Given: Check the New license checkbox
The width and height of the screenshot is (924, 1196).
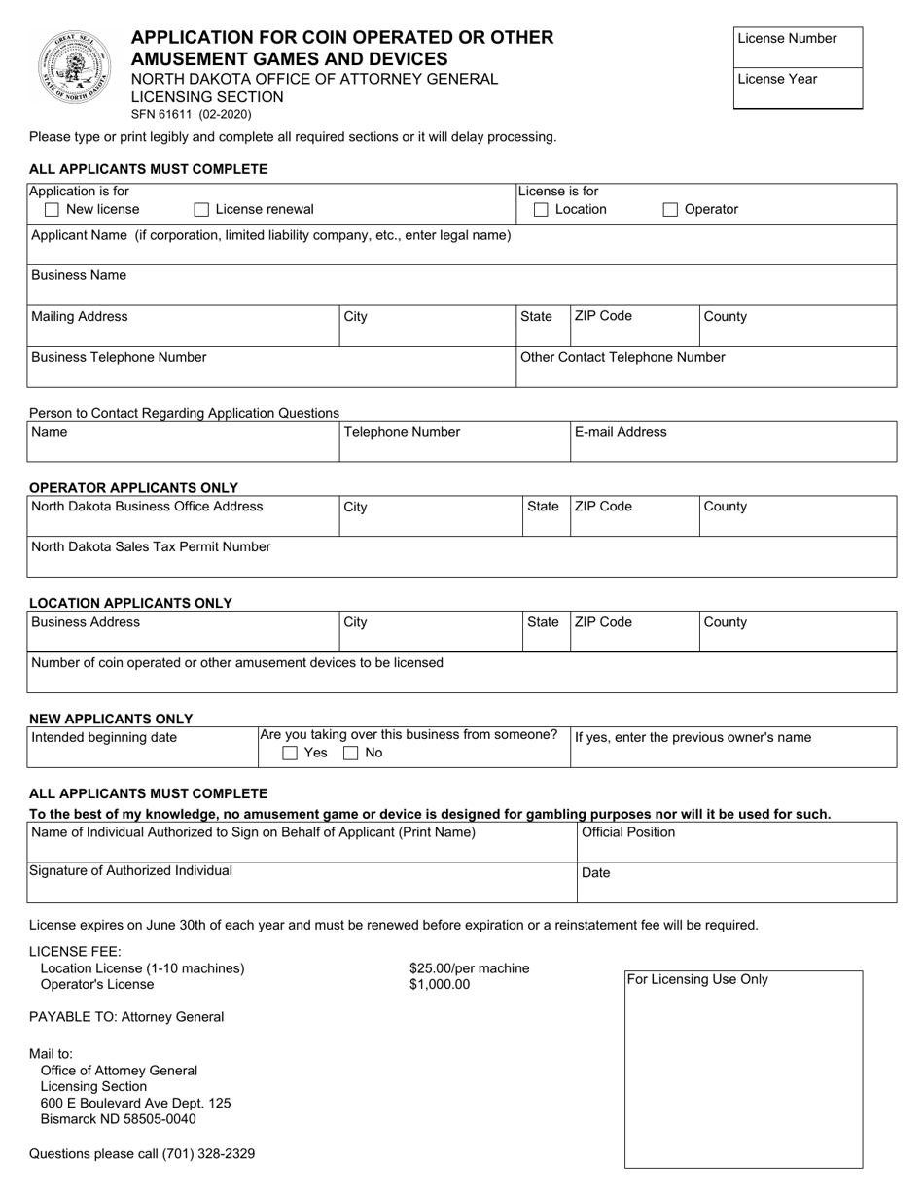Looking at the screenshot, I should coord(53,210).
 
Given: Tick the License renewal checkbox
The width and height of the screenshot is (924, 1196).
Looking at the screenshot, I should coord(201,210).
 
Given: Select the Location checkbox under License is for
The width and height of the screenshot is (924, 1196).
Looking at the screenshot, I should coord(542,210).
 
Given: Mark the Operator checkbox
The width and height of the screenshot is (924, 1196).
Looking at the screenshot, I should coord(671,210).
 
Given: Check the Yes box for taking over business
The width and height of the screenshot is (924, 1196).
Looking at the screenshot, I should coord(290,753).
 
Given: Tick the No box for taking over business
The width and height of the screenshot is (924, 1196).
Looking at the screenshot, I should coord(351,753).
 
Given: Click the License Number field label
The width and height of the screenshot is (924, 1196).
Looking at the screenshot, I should coord(787,39).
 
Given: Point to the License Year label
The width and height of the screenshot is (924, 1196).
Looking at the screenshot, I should coord(777,80).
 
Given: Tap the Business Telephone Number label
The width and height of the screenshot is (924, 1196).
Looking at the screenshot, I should coord(119,357).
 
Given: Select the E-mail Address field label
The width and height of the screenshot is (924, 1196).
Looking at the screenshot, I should coord(621,432).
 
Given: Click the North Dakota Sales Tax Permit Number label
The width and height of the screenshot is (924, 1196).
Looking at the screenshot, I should coord(151,546).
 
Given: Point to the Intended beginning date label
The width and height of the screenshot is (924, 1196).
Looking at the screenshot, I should coord(105,738).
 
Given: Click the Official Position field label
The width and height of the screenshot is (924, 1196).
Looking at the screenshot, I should coord(628,833).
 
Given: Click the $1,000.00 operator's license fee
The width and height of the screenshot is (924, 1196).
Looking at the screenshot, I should coord(440,984).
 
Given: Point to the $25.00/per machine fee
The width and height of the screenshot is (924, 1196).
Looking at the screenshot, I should coord(469,968).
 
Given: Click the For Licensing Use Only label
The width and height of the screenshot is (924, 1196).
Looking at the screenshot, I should coord(697,980).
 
